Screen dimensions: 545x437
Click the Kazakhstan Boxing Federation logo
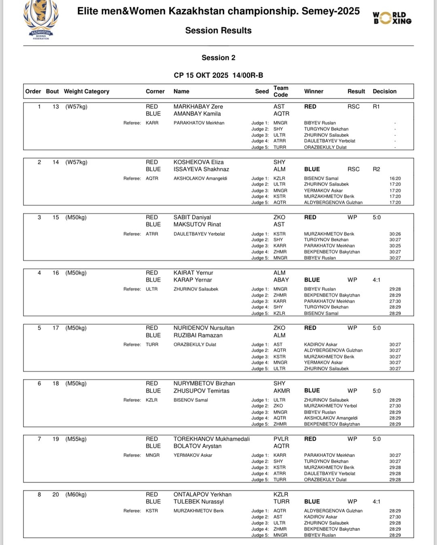pyautogui.click(x=41, y=19)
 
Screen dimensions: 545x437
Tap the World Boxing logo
pyautogui.click(x=392, y=18)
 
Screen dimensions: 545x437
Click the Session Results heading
pyautogui.click(x=218, y=30)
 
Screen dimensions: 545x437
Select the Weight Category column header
pyautogui.click(x=87, y=92)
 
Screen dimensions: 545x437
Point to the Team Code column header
pyautogui.click(x=281, y=91)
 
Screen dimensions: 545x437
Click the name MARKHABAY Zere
pyautogui.click(x=198, y=106)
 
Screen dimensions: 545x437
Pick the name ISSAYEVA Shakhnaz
pyautogui.click(x=201, y=169)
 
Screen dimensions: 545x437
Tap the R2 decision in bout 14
pyautogui.click(x=376, y=169)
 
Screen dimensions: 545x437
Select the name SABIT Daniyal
pyautogui.click(x=192, y=217)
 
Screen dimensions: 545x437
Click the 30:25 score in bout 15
pyautogui.click(x=395, y=246)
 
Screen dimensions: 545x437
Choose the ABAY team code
pyautogui.click(x=281, y=280)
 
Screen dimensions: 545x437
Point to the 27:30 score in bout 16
pyautogui.click(x=395, y=301)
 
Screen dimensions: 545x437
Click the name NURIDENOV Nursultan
pyautogui.click(x=204, y=328)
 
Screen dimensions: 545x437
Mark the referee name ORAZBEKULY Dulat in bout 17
pyautogui.click(x=195, y=345)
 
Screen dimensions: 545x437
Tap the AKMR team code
pyautogui.click(x=282, y=391)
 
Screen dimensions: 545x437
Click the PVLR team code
pyautogui.click(x=281, y=439)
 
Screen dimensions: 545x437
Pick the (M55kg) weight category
pyautogui.click(x=76, y=439)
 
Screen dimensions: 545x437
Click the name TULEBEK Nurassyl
pyautogui.click(x=199, y=502)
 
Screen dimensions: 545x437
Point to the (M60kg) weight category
pyautogui.click(x=76, y=494)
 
